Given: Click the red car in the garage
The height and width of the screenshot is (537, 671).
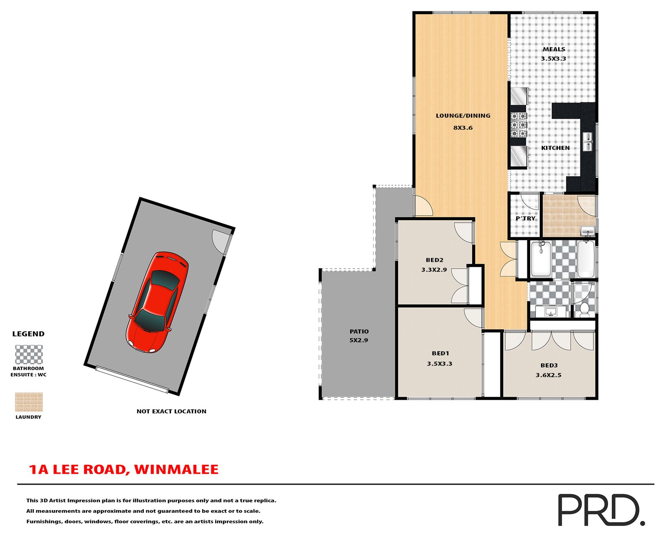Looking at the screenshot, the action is coord(157,302).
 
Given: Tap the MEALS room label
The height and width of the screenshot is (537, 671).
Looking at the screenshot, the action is coord(554,50).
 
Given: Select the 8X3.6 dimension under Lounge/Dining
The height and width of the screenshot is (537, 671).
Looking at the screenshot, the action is coord(463,128).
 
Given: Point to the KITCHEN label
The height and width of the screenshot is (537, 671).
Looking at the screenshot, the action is coord(555,148).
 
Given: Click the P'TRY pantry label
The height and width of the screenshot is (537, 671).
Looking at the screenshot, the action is coord(525,219).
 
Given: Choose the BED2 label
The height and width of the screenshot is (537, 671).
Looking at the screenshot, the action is coord(434,260).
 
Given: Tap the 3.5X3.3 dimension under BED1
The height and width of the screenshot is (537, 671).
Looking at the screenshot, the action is coord(440,363).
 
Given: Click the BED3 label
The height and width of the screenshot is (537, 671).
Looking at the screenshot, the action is coord(549,365).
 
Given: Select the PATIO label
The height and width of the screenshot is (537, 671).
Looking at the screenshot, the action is coord(359,331).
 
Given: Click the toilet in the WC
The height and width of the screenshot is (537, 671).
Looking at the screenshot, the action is coord(584,310).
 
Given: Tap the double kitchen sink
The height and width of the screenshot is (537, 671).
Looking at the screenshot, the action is coord(588,142).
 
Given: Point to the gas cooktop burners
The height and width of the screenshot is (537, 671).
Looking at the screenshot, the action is coord(518,125).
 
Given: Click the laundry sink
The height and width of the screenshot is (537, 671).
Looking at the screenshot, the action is coord(588,231).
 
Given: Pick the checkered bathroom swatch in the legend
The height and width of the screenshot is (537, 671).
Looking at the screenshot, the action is coord(29,355).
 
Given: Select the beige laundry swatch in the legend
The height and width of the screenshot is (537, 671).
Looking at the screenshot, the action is coord(29,402).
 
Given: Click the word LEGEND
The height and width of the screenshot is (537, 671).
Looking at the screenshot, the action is coord(29,334).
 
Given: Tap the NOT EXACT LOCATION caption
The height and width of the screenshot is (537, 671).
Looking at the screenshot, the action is coord(172,412).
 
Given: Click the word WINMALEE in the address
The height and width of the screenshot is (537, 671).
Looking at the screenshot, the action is coord(177,469).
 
